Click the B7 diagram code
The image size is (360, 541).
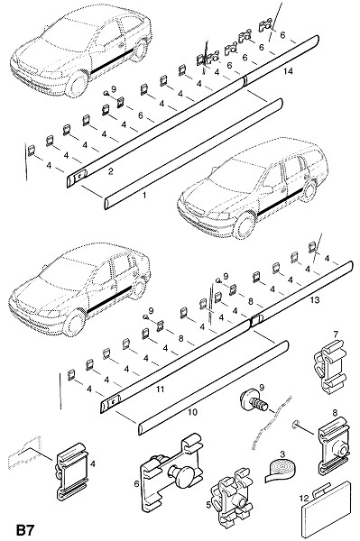coord(25,530)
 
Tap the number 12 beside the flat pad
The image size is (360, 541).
coord(304,499)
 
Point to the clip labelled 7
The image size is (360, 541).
coord(330,368)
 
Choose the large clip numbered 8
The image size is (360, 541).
coord(334,446)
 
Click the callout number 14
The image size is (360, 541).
coord(288,71)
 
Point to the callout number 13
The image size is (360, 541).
coord(315,299)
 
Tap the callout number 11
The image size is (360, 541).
coord(160,390)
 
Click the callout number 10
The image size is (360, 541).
coord(192,412)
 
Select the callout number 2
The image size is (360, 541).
coord(111,171)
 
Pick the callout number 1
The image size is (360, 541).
coord(144,196)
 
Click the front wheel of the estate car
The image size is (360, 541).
coord(245,226)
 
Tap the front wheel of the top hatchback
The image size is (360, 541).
coord(77,84)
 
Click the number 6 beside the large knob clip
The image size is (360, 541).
coord(136,484)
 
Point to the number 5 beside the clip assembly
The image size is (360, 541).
coord(208,505)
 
